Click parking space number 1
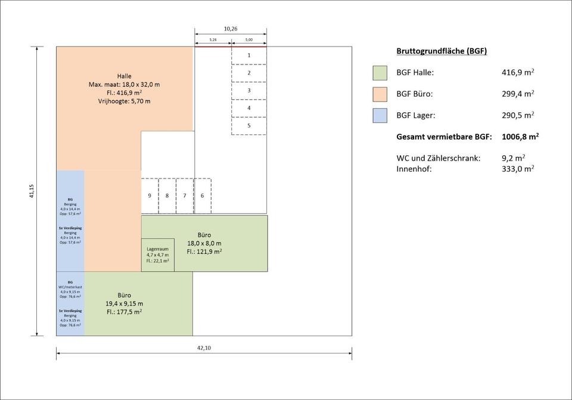coord(248,55)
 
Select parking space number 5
coord(248,126)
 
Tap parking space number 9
coord(150,196)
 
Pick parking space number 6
coord(203,196)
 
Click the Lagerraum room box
coord(158,255)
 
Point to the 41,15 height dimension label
coord(31,191)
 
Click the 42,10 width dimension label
coord(204,347)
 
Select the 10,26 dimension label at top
coord(230,29)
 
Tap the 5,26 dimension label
coord(213,40)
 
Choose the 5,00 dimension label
coord(248,40)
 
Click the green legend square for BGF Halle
coord(380,73)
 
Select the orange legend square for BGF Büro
coord(380,94)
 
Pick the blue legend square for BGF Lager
coord(380,115)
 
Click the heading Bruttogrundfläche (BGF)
coord(442,51)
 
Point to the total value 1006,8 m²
coord(520,137)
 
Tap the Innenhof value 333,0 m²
coord(518,169)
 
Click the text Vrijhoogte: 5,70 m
coord(125,101)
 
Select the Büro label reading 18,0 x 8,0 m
coord(204,243)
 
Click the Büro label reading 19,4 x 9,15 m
coord(125,304)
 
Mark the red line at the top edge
coord(230,47)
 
